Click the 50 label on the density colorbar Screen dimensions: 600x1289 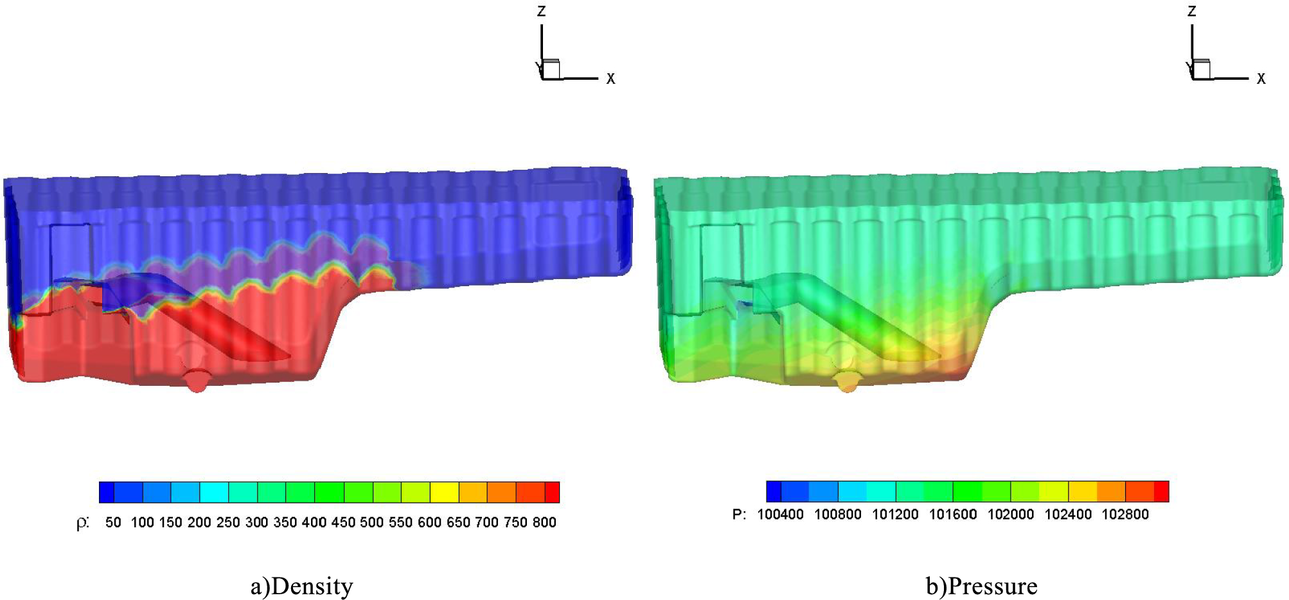coord(113,522)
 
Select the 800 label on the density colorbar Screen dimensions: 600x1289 coord(544,522)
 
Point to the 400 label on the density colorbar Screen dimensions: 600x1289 coord(314,522)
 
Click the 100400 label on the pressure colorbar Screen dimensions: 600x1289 coord(780,514)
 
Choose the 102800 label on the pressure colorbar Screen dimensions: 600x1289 coord(1125,514)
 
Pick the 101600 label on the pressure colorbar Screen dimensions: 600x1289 coord(953,514)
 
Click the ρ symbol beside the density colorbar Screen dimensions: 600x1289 coord(82,522)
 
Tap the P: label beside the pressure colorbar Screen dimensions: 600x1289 coord(740,514)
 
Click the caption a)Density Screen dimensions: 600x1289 coord(301,586)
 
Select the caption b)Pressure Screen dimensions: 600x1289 coord(981,586)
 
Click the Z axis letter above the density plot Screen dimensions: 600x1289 coord(542,11)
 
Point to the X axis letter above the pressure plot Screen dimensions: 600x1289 coord(1261,78)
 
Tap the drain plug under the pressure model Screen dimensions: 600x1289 coord(847,382)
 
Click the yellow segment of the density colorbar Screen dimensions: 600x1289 coord(444,492)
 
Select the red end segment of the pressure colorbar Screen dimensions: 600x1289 coord(1161,491)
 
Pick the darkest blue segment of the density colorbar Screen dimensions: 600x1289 coord(107,492)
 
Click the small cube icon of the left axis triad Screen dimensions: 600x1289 coord(551,69)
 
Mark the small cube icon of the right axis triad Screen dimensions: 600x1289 coord(1201,69)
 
